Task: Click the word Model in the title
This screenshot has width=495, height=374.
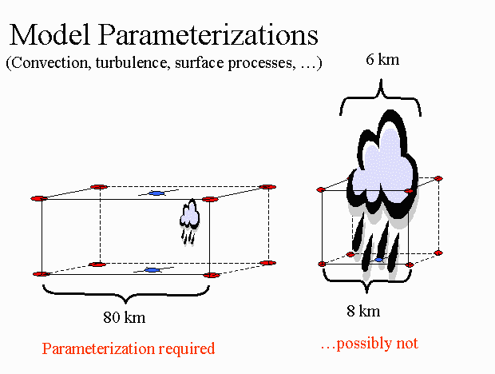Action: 49,34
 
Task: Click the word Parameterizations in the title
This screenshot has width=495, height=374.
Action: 208,34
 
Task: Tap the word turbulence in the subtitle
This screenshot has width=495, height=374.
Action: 131,62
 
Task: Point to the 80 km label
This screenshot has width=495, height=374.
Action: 125,316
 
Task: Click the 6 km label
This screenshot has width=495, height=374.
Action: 382,59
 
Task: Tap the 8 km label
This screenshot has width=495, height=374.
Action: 363,311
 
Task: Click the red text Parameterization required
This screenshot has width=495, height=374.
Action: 129,348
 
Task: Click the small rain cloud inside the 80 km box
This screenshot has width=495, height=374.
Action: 189,221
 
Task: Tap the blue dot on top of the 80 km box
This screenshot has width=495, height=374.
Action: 156,193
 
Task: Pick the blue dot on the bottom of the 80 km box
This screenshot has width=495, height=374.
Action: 152,270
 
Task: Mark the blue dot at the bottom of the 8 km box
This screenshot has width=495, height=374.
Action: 378,260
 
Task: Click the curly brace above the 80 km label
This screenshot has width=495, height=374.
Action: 126,294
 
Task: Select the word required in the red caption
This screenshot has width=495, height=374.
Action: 187,349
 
